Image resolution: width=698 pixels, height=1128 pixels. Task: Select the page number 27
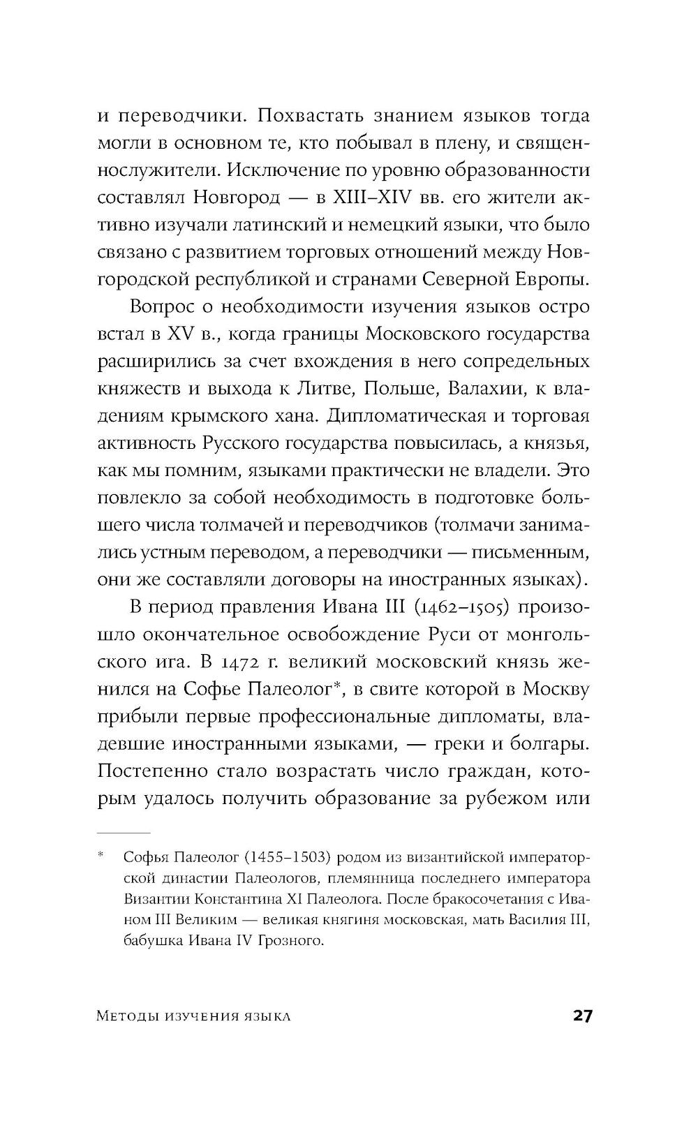click(582, 1016)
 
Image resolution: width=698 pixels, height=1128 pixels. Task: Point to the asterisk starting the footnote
click(101, 854)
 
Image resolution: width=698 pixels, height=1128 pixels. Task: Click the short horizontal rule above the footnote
click(124, 833)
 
